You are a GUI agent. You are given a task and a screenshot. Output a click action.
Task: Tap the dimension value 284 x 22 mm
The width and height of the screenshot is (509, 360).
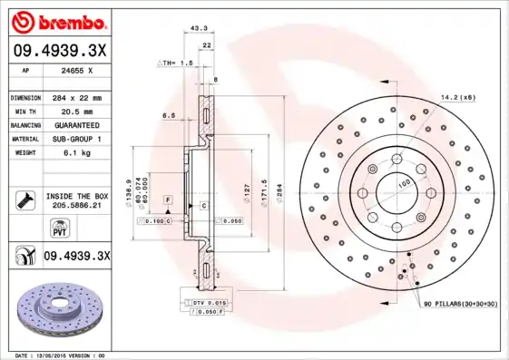[80, 97]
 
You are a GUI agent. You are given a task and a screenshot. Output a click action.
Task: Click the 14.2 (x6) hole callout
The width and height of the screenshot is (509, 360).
[458, 96]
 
